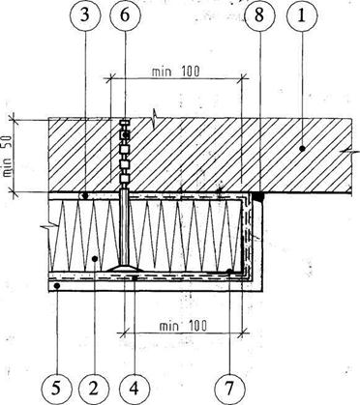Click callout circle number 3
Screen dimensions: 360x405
85,15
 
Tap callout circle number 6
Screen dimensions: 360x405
125,15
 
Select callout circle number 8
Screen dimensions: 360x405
258,15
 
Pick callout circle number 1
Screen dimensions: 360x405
302,15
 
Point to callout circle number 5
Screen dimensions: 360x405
56,389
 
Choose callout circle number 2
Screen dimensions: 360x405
94,389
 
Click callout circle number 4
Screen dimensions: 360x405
134,389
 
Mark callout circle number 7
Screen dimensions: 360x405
229,389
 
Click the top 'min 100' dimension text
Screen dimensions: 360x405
176,71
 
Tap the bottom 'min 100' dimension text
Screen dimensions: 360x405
183,326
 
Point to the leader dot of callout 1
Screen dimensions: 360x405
302,148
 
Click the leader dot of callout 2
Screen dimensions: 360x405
94,258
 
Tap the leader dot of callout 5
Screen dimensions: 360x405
57,285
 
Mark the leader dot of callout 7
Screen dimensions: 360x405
229,271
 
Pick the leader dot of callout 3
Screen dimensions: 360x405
85,195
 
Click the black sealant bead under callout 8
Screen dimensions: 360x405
258,196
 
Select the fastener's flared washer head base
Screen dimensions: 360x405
125,268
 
